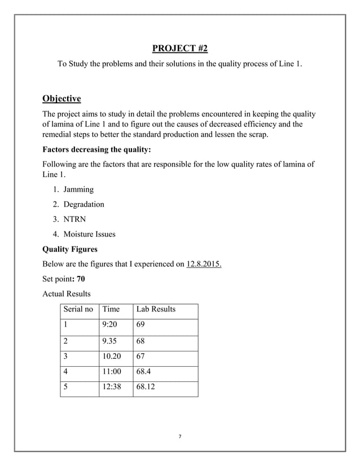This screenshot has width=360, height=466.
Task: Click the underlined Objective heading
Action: point(62,99)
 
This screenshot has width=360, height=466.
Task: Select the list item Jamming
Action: point(78,190)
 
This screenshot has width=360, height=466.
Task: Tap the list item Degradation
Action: point(84,204)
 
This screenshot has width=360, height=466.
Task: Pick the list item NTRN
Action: point(75,219)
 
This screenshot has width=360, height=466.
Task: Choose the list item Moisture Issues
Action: point(89,234)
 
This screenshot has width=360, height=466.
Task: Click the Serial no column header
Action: point(78,309)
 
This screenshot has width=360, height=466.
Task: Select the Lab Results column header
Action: point(156,309)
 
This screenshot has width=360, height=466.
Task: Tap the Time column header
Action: point(111,309)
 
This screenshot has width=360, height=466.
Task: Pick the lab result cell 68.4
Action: point(145,372)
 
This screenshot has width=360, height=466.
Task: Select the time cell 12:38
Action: point(112,388)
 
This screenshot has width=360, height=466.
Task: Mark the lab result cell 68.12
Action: point(147,388)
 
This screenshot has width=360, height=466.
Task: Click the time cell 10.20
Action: point(112,357)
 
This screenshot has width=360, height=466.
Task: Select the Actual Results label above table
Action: point(67,294)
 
